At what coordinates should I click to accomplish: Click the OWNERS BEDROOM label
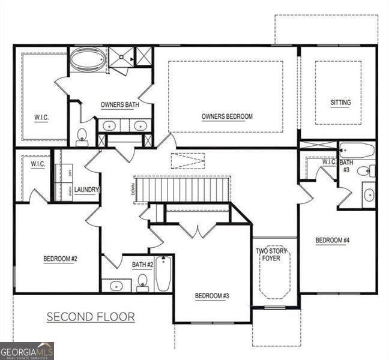pyautogui.click(x=227, y=116)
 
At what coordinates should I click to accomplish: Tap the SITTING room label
pyautogui.click(x=340, y=103)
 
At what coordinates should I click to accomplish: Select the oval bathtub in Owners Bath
pyautogui.click(x=88, y=59)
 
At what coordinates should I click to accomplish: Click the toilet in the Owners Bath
pyautogui.click(x=82, y=137)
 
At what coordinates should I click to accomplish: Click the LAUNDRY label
pyautogui.click(x=86, y=190)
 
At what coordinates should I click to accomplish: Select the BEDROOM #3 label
pyautogui.click(x=213, y=296)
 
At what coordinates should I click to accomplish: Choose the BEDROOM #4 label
pyautogui.click(x=333, y=241)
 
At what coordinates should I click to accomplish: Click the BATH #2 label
pyautogui.click(x=143, y=264)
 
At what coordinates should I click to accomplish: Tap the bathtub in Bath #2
pyautogui.click(x=163, y=274)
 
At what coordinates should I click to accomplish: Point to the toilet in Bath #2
pyautogui.click(x=143, y=282)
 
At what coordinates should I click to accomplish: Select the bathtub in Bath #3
pyautogui.click(x=357, y=149)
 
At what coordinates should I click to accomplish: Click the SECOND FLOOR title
pyautogui.click(x=91, y=317)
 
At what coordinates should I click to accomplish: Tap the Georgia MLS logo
pyautogui.click(x=27, y=350)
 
